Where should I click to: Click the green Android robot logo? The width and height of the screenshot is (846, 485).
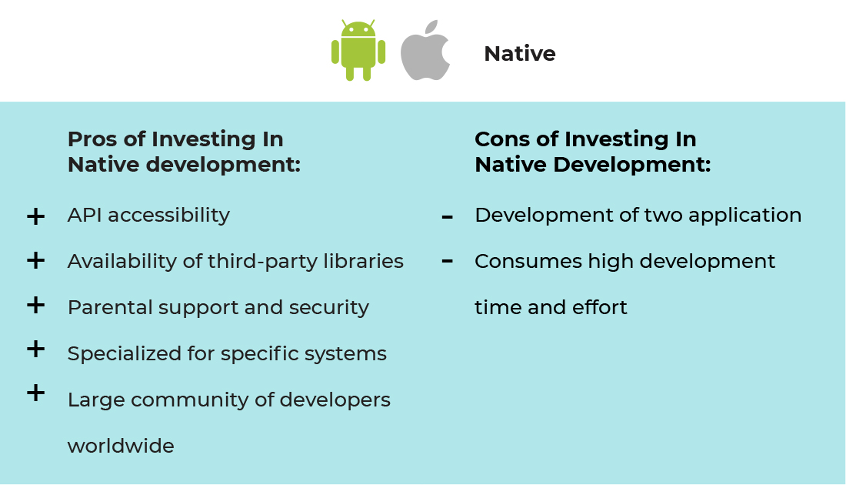[x=358, y=50]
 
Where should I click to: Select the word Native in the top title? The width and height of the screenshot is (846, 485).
[x=520, y=53]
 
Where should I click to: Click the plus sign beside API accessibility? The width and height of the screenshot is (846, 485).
[x=35, y=216]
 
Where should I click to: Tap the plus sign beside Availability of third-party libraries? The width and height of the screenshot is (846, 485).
[x=35, y=261]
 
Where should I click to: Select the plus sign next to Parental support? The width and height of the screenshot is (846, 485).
[x=35, y=305]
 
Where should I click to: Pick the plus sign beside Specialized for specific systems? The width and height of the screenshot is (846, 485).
[x=35, y=349]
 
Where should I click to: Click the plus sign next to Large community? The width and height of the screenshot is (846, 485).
[x=35, y=393]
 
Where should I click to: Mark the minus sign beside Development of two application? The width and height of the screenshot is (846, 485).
[x=448, y=217]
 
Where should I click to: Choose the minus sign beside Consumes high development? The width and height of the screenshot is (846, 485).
[x=448, y=262]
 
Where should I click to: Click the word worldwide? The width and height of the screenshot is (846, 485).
[x=121, y=446]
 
